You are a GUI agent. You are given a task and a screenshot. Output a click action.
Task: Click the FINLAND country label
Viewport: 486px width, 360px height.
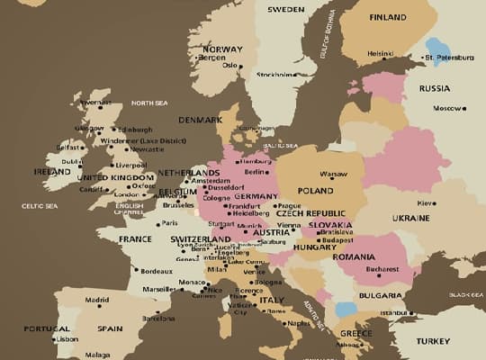[387, 17]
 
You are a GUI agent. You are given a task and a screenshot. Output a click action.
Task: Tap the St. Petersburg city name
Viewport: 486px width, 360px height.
[448, 58]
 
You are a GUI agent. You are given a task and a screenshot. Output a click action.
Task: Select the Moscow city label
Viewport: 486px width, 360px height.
[447, 108]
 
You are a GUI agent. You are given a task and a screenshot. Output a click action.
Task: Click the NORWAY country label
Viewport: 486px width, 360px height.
[223, 49]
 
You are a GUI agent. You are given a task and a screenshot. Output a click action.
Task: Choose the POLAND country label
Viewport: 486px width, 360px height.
[316, 191]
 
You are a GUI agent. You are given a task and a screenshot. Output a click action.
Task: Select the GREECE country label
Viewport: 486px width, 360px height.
[355, 333]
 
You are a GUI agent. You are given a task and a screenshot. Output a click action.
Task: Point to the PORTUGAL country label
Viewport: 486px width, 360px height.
[47, 328]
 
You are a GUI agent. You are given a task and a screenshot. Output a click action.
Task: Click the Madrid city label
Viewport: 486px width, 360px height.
[97, 300]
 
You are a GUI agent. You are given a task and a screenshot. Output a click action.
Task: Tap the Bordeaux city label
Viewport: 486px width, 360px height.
[156, 271]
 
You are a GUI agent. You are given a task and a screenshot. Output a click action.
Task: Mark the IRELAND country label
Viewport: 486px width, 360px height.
[51, 171]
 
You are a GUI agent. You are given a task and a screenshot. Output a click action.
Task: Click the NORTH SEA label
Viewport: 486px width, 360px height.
[149, 103]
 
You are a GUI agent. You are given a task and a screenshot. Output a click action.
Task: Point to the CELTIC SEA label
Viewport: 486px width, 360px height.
[40, 206]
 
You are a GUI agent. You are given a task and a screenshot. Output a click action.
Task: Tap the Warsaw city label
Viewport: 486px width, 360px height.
[333, 174]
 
